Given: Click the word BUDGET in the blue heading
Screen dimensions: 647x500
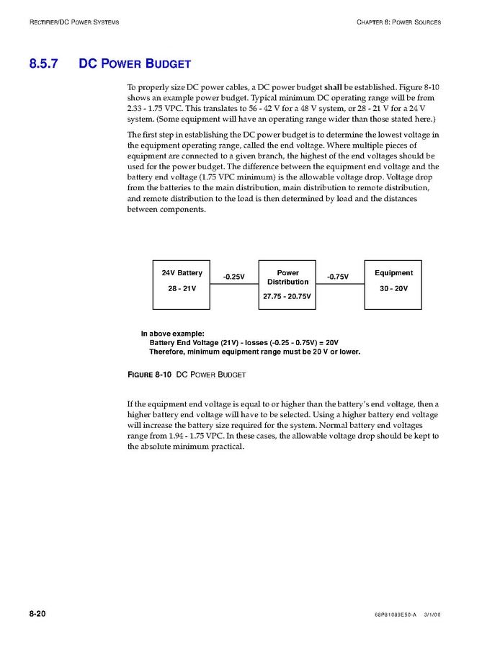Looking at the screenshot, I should pos(168,63).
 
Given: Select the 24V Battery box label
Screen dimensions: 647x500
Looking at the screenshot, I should pos(182,273).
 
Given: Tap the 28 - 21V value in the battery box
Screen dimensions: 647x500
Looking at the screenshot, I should pos(182,288).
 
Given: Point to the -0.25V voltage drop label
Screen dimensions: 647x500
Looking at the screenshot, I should pos(233,277).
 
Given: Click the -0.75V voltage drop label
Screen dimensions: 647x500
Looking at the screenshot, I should pos(337,277).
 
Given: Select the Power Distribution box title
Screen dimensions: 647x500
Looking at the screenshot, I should pos(287,277).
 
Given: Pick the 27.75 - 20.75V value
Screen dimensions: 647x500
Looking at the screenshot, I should pos(287,296).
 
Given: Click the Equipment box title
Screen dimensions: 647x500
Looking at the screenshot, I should pos(393,273).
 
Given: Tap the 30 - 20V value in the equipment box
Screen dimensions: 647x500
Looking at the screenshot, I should pos(393,288).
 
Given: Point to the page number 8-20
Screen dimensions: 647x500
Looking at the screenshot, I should pos(37,614).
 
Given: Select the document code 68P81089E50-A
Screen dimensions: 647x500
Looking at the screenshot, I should pos(396,615).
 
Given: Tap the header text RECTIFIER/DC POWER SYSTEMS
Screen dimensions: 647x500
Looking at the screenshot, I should pos(74,22).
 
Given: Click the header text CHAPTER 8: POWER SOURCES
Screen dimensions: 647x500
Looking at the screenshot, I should pos(398,22).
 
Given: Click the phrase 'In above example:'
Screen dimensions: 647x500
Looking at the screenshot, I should pos(172,334).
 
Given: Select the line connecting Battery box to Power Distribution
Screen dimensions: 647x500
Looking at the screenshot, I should pos(234,284).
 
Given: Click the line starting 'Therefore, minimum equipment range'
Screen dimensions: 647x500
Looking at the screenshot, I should pos(254,352).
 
